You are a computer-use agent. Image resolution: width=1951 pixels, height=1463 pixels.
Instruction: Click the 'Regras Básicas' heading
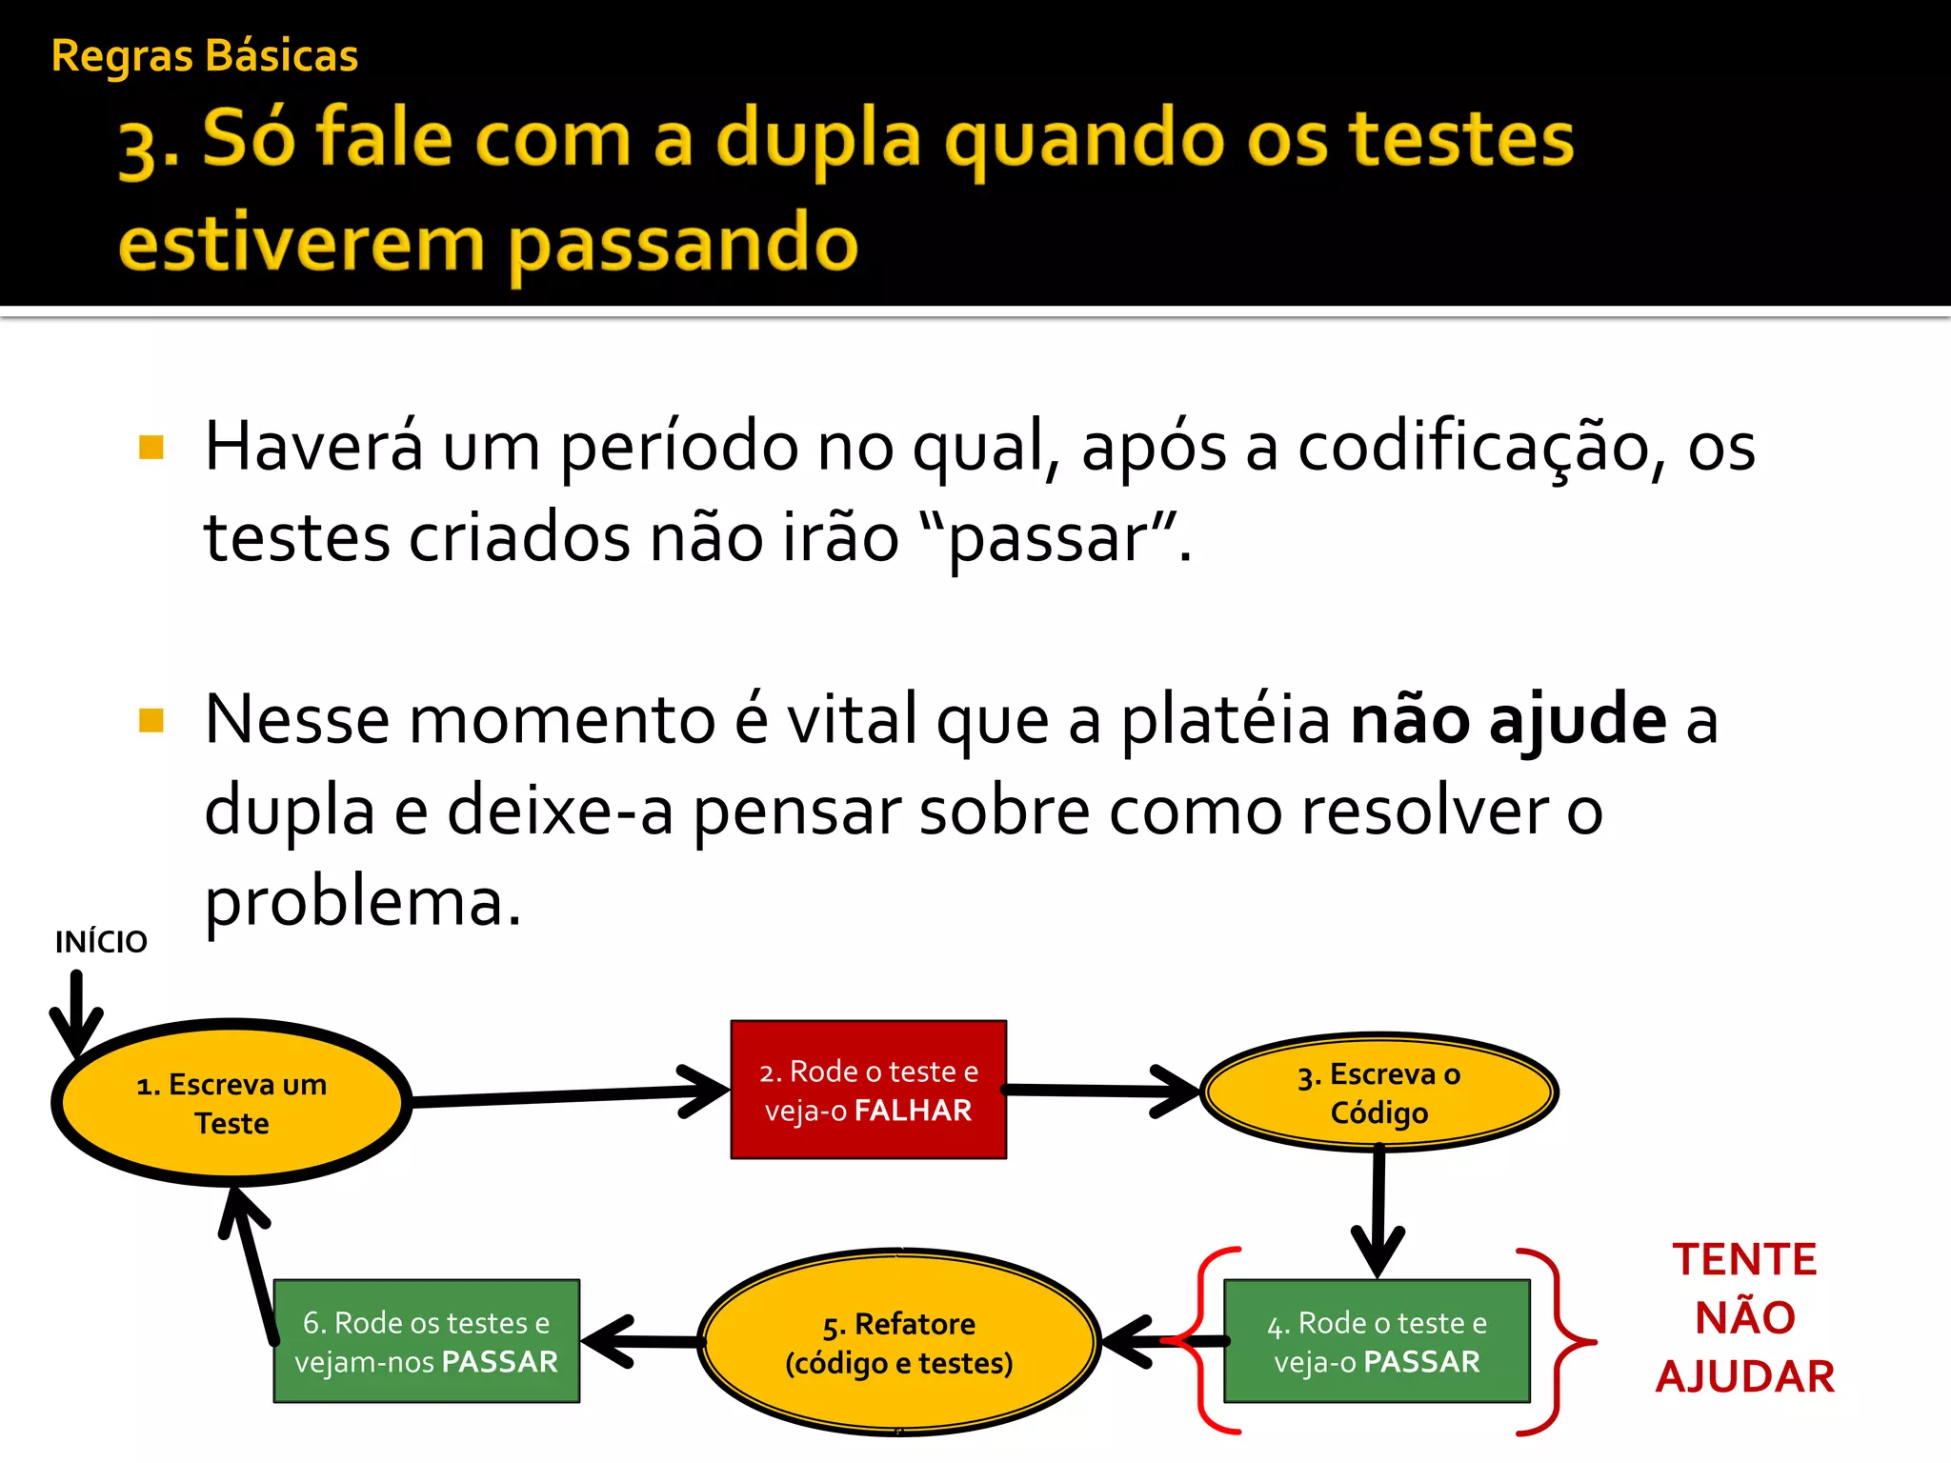[x=205, y=56]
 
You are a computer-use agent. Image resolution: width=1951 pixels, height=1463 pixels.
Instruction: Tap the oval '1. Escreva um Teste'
[x=231, y=1103]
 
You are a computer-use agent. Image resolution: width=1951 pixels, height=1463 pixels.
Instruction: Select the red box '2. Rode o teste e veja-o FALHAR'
[x=868, y=1091]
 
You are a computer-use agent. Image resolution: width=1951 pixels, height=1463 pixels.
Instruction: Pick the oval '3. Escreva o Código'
[x=1378, y=1092]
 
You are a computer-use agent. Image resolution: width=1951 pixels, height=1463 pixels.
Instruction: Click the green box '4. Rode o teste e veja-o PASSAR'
[x=1377, y=1341]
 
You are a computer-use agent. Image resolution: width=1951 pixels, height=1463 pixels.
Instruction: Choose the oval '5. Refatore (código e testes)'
[x=898, y=1342]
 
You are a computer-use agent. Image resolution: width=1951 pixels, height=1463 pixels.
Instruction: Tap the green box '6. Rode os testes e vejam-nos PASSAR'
[x=426, y=1341]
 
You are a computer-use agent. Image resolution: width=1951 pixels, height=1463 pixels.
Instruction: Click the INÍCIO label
[x=101, y=942]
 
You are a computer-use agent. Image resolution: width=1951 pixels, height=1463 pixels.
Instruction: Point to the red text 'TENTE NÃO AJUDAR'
[x=1744, y=1317]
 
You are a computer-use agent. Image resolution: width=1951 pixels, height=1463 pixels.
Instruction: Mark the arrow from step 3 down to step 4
[x=1378, y=1210]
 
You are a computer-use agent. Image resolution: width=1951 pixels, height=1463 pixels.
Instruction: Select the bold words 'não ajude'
[x=1508, y=720]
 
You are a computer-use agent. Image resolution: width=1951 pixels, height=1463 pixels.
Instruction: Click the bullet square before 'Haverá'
[x=151, y=447]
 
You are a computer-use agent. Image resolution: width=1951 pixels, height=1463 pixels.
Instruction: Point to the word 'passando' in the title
[x=683, y=244]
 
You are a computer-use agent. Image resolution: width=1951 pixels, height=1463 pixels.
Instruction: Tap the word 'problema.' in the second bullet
[x=363, y=901]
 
